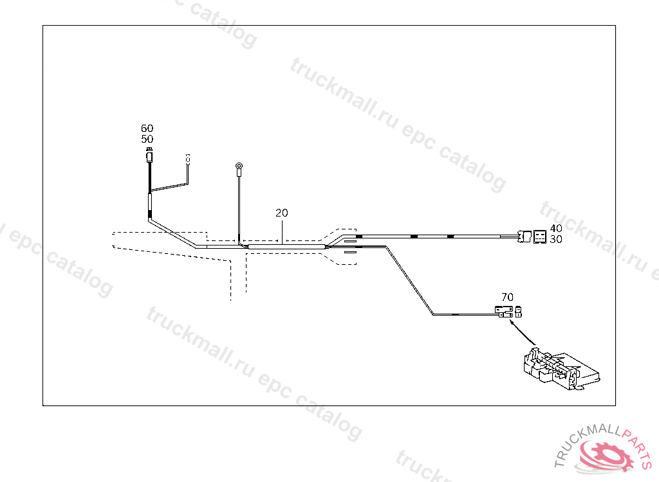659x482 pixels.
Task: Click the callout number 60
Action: [x=147, y=129]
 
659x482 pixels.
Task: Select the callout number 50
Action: [x=147, y=139]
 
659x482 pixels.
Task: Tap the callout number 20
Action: [x=282, y=213]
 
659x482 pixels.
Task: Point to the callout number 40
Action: [x=556, y=228]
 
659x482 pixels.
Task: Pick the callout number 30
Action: [x=556, y=239]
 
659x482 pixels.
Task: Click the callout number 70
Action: [x=507, y=297]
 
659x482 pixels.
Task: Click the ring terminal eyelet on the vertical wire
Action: [x=239, y=169]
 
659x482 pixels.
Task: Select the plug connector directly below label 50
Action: [x=149, y=156]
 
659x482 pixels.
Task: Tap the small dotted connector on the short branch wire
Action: [x=188, y=158]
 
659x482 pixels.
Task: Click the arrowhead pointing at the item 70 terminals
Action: [x=512, y=323]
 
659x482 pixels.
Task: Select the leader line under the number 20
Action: [x=282, y=230]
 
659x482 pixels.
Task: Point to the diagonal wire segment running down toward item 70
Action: [x=409, y=280]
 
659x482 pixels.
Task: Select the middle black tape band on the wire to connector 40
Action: [x=414, y=237]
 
